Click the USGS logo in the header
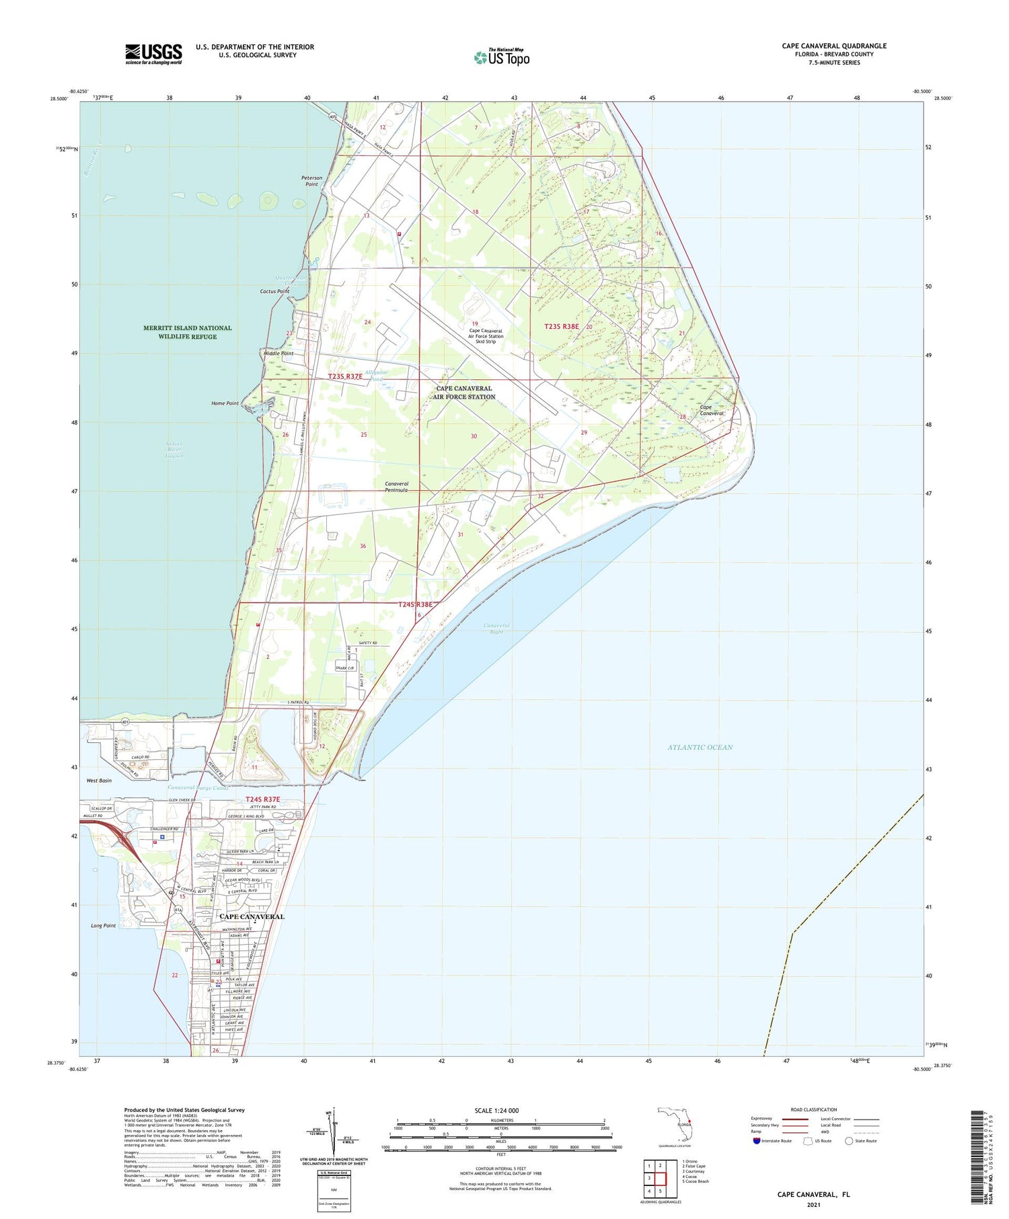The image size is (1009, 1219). coord(153,54)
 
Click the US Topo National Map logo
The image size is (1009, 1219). coord(502,57)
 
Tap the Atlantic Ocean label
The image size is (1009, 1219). coord(700,747)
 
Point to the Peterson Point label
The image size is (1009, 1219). coord(311,181)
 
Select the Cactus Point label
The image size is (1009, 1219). coord(274,291)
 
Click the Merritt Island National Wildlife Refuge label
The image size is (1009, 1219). coord(187,332)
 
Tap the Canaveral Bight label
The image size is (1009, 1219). coord(496,629)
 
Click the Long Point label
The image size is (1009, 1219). coord(103,925)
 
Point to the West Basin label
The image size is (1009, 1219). coord(99,781)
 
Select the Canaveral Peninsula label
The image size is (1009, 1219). coord(396,487)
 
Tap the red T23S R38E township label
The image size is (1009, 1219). coord(561,327)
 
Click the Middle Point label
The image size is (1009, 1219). coord(278,353)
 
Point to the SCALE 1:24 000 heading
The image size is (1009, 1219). coord(496,1110)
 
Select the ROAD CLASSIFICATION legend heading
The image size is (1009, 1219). coord(813,1109)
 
